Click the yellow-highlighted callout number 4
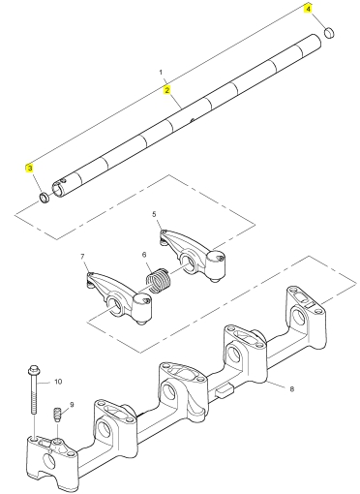click(309, 9)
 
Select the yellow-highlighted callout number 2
click(166, 90)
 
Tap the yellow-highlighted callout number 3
click(30, 169)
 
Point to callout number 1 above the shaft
click(162, 73)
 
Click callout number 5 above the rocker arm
click(154, 214)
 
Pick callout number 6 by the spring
click(144, 255)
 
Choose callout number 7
click(82, 257)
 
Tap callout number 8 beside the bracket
click(292, 389)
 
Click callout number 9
click(72, 405)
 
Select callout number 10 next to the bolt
click(58, 382)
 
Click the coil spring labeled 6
click(158, 280)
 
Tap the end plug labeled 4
click(329, 33)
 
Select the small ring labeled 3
click(45, 198)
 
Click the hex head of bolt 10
click(34, 370)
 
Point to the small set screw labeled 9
click(57, 415)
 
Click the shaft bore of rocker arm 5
click(187, 261)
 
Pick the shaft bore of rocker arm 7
click(113, 304)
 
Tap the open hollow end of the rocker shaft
click(58, 189)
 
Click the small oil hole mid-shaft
click(192, 120)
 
